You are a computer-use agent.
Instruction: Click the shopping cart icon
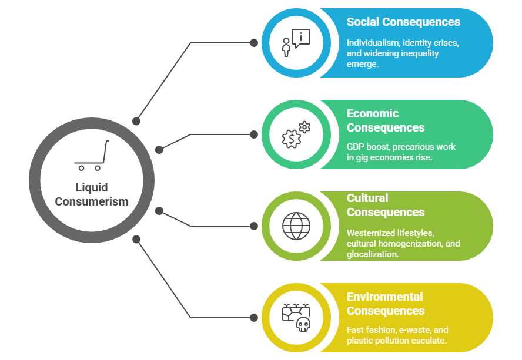(x=91, y=156)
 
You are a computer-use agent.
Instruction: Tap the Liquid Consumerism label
(x=91, y=194)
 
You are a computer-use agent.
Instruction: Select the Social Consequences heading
(x=403, y=22)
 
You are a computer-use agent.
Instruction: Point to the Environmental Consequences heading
(x=385, y=304)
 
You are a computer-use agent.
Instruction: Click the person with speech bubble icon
(x=296, y=43)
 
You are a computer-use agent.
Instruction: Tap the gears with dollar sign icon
(x=296, y=134)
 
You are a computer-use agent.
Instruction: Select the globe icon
(x=296, y=226)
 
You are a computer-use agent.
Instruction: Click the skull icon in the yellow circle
(x=303, y=324)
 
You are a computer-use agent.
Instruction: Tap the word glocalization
(x=372, y=254)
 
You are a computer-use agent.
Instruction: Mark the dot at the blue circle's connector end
(x=254, y=43)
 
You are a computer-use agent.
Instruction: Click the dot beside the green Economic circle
(x=254, y=134)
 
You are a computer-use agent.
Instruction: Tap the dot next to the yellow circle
(x=254, y=318)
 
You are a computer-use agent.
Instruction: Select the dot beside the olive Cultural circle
(x=254, y=226)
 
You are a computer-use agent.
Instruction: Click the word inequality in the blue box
(x=420, y=53)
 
